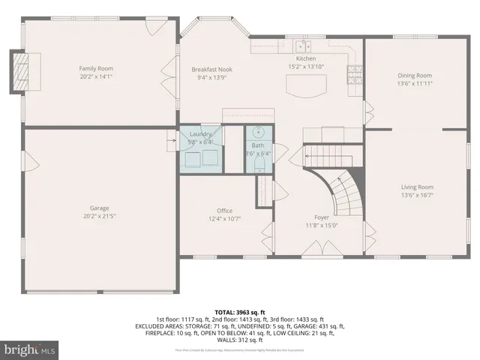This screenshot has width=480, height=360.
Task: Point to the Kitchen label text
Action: coord(306,58)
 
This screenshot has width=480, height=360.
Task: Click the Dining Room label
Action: coord(415,75)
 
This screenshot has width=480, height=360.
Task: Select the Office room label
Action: coord(224,211)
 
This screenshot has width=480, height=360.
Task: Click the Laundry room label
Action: coord(200,133)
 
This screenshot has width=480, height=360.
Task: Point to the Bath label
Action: coord(258,145)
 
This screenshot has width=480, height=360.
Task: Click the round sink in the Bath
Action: coord(257,136)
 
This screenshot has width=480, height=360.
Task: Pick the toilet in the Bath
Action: coord(257,164)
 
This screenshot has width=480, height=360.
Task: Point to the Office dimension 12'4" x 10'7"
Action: coord(224,219)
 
